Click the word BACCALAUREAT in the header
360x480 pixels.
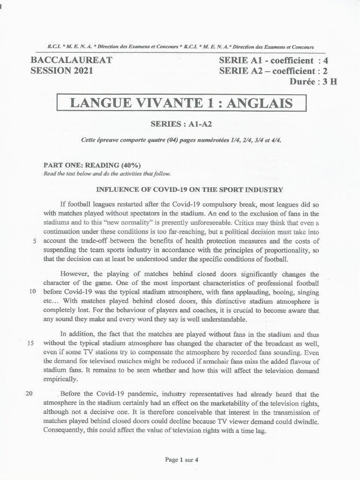[x=71, y=60]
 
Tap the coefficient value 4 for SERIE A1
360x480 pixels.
[x=332, y=60]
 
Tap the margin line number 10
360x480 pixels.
[x=33, y=291]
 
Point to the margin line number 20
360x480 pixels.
[x=29, y=393]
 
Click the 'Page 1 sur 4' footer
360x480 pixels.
[x=181, y=460]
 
